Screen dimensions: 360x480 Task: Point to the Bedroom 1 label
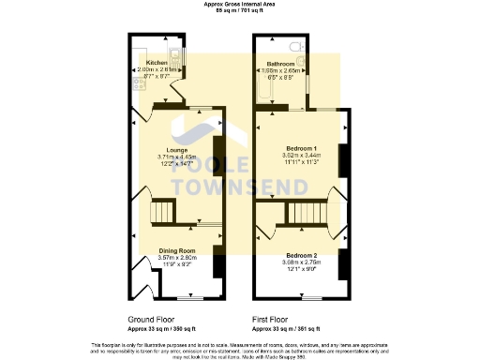pos(301,150)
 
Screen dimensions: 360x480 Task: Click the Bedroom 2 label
pos(301,256)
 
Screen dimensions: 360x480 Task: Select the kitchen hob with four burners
pos(139,82)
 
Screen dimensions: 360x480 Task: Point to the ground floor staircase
pos(164,213)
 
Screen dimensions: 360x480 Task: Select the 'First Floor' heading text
pos(272,320)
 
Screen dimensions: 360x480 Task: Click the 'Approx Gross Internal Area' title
pos(239,4)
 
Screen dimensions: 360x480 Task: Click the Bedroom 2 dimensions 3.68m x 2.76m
pos(301,262)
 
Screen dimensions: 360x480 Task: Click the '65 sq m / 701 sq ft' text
pos(239,10)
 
